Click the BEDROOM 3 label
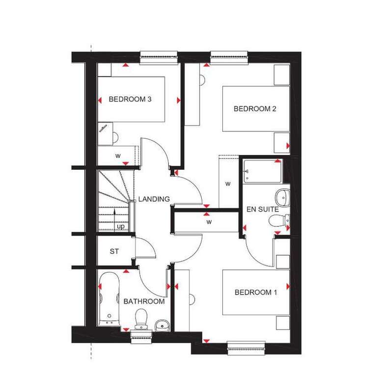130,99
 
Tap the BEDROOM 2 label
255,108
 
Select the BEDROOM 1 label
256,292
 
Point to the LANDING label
154,199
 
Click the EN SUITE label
263,209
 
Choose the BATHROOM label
144,301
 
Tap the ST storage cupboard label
114,251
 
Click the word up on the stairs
121,226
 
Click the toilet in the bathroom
141,319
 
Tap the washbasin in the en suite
283,198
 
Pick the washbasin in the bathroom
162,325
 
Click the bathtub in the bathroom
109,299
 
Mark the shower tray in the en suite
262,171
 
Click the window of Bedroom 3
159,58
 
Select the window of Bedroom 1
246,348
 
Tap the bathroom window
141,337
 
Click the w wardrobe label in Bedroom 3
118,156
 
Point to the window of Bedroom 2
229,58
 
